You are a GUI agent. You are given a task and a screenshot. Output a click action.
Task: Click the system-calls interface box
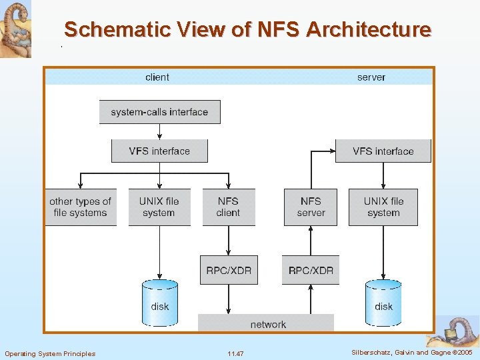pyautogui.click(x=159, y=112)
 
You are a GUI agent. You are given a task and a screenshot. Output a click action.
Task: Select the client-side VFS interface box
pyautogui.click(x=159, y=151)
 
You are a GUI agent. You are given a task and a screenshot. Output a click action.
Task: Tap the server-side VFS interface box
pyautogui.click(x=383, y=151)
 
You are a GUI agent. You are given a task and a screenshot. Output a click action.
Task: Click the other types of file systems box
pyautogui.click(x=80, y=207)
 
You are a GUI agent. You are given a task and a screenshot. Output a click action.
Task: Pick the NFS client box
pyautogui.click(x=228, y=207)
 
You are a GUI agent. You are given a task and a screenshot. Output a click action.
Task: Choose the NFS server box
pyautogui.click(x=311, y=207)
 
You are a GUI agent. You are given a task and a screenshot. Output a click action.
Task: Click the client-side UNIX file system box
pyautogui.click(x=159, y=207)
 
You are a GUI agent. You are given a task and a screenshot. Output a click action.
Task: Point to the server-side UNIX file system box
pyautogui.click(x=383, y=207)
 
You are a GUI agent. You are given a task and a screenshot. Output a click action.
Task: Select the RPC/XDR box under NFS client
pyautogui.click(x=229, y=270)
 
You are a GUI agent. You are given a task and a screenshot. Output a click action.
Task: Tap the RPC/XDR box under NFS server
pyautogui.click(x=311, y=270)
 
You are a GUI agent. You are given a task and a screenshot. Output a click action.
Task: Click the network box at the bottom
pyautogui.click(x=268, y=324)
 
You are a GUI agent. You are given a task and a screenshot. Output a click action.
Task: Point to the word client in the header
pyautogui.click(x=157, y=77)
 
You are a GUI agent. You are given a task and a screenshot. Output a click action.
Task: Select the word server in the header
pyautogui.click(x=371, y=77)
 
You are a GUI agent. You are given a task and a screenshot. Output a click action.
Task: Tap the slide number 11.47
pyautogui.click(x=235, y=353)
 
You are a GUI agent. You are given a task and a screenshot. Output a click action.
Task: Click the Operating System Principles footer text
pyautogui.click(x=50, y=353)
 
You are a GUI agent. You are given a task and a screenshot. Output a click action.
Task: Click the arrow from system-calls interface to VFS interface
pyautogui.click(x=159, y=131)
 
